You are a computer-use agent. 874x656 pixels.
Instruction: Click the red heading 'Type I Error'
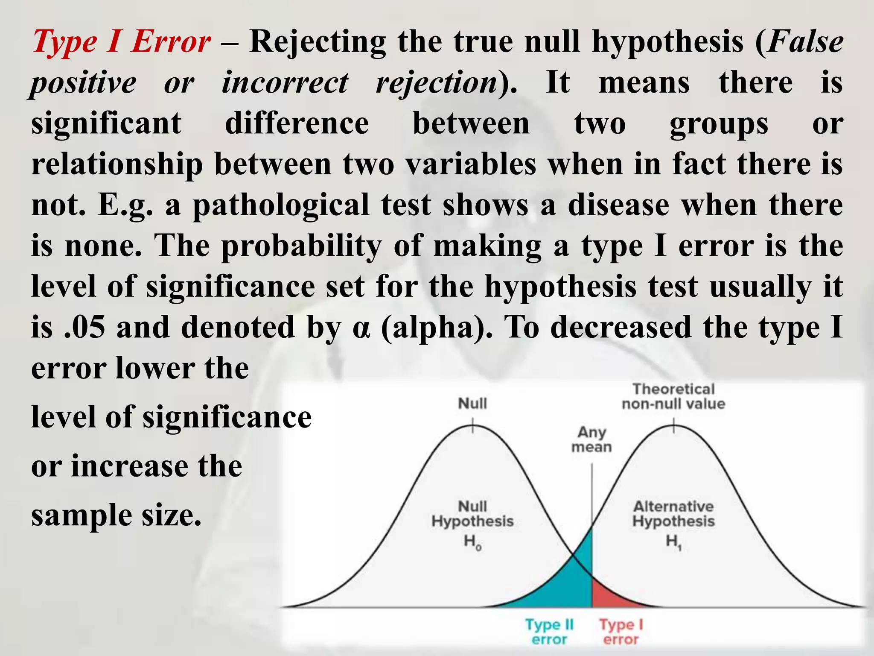click(x=121, y=42)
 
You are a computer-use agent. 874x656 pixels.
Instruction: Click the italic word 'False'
click(x=805, y=42)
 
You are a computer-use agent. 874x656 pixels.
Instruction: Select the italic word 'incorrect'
click(x=285, y=82)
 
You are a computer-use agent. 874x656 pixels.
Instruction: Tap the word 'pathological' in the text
click(x=281, y=205)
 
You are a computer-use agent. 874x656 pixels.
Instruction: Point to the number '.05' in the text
click(x=84, y=327)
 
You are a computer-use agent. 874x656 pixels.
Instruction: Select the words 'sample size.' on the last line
click(x=116, y=515)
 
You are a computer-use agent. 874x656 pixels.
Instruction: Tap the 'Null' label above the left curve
click(x=472, y=403)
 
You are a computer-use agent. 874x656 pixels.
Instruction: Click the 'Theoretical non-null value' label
click(x=673, y=396)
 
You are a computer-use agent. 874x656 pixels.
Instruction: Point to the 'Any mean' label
click(x=591, y=439)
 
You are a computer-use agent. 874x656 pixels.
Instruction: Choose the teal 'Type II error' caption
click(x=549, y=632)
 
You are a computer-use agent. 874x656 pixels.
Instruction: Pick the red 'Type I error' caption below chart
click(x=621, y=632)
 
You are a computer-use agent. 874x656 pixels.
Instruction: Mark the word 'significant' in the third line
click(x=106, y=123)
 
